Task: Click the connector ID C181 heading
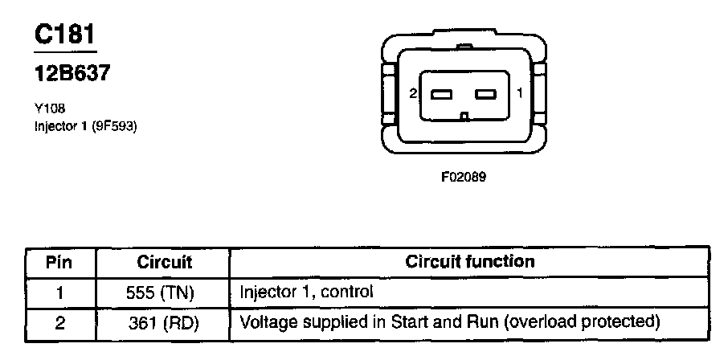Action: (66, 35)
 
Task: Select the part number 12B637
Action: (72, 75)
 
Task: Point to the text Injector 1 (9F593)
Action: (87, 125)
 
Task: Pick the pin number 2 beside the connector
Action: (413, 94)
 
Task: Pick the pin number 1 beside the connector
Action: (520, 94)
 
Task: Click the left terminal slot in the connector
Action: (443, 94)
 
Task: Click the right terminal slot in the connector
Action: (487, 94)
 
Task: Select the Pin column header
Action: (60, 263)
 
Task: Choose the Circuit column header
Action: (164, 263)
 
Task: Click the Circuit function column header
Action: (469, 262)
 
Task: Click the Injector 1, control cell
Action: (307, 292)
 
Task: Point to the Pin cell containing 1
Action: (60, 292)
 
